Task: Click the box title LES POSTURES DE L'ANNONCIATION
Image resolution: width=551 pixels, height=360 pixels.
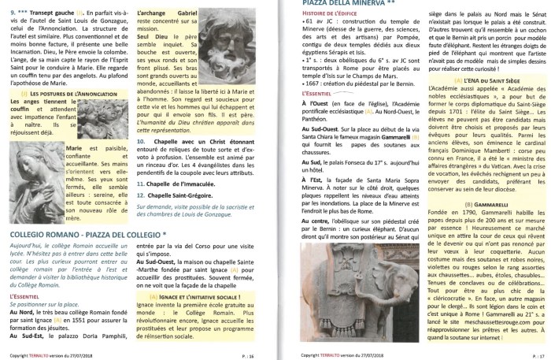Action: coord(61,93)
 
